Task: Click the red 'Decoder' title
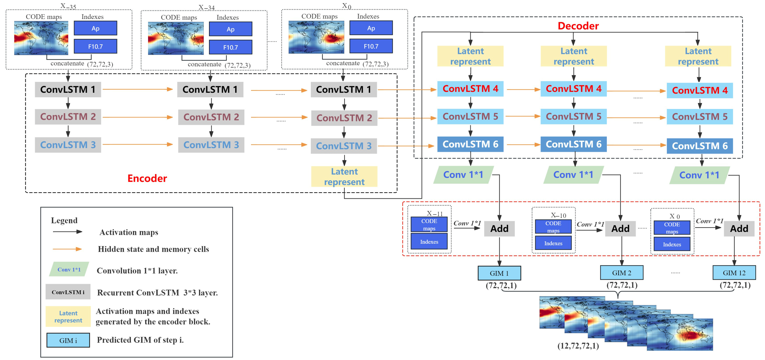click(x=578, y=26)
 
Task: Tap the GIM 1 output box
click(x=499, y=273)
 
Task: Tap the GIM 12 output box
click(x=734, y=273)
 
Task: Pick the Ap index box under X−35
click(x=95, y=28)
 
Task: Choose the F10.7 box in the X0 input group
click(x=371, y=46)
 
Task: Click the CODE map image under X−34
click(x=176, y=38)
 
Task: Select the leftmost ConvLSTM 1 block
click(x=68, y=89)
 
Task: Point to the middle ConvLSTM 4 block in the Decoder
click(x=574, y=88)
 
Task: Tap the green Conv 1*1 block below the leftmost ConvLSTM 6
click(x=463, y=175)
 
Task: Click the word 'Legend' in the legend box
click(x=64, y=220)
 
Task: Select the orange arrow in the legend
click(x=67, y=249)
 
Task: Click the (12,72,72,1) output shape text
click(x=578, y=346)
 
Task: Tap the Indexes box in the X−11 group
click(x=429, y=241)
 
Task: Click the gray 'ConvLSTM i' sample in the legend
click(x=68, y=292)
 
